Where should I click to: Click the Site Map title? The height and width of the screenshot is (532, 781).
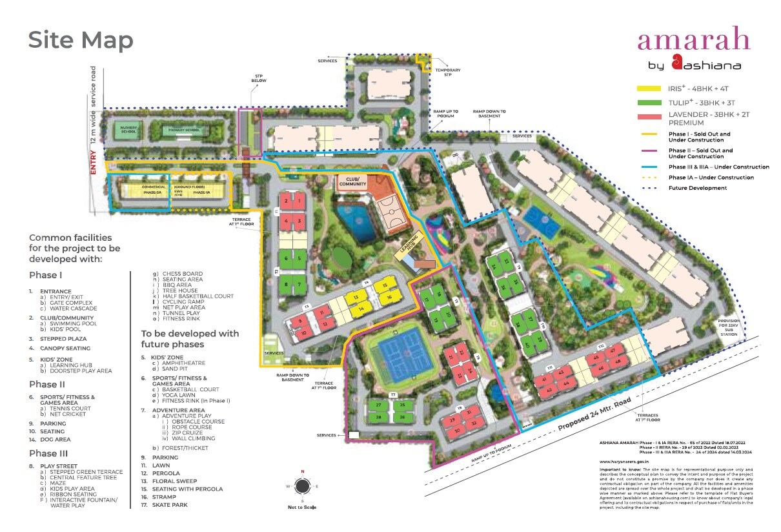[81, 40]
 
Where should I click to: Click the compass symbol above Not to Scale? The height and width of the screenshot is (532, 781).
[301, 486]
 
